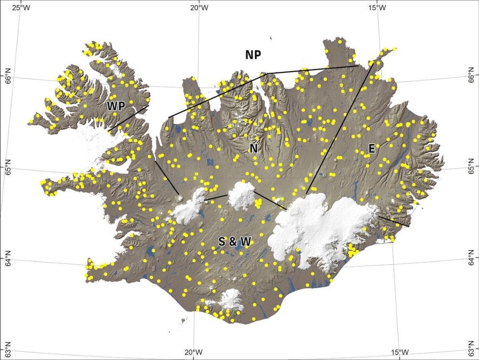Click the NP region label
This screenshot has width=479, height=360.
click(x=253, y=55)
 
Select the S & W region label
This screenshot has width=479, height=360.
click(x=234, y=242)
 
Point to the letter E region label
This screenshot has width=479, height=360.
click(x=371, y=149)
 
